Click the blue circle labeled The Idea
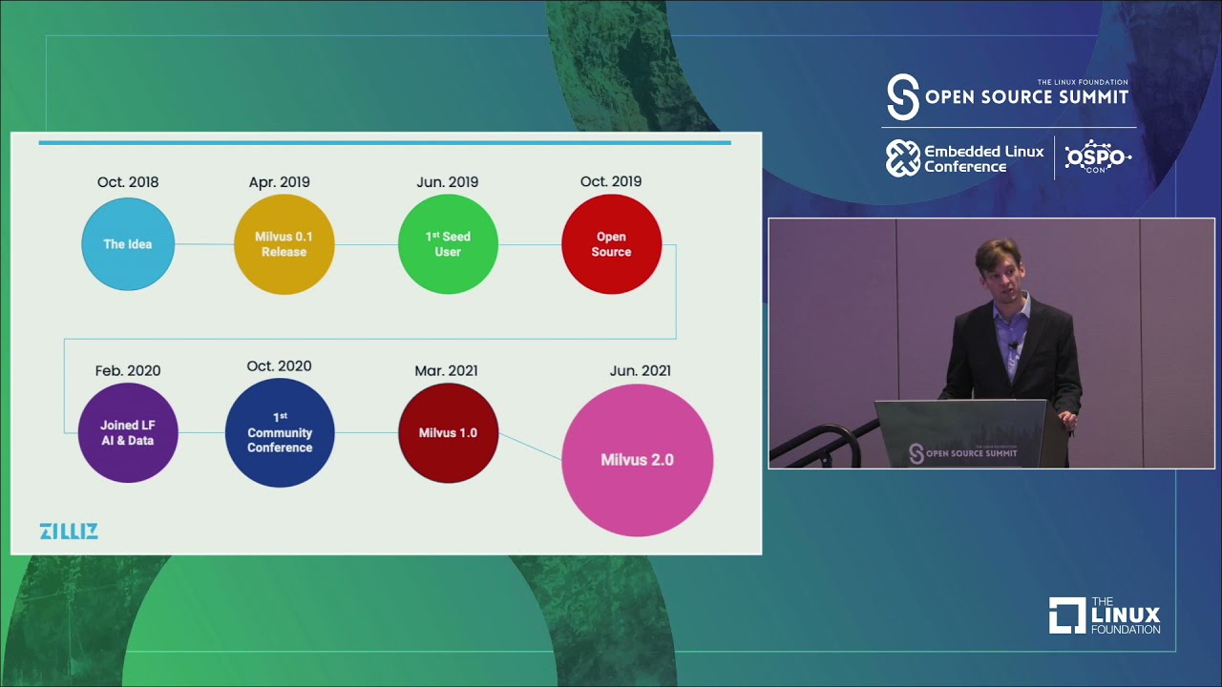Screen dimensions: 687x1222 click(128, 244)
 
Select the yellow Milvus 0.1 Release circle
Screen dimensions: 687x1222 click(284, 244)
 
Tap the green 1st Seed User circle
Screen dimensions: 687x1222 click(448, 244)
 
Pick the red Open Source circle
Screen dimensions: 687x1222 click(611, 244)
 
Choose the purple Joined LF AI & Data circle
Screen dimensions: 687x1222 click(128, 432)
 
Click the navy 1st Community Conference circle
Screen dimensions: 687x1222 click(280, 432)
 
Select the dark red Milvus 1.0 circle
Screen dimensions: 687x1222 click(448, 432)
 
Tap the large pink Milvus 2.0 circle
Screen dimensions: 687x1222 click(637, 460)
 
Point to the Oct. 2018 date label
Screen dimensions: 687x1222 click(128, 182)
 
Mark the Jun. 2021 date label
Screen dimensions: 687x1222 click(640, 370)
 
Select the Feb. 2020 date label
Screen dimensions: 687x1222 click(128, 370)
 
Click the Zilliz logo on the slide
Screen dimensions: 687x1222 click(69, 531)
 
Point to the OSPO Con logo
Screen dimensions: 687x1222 click(1097, 157)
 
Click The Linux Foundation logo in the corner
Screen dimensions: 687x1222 click(1105, 615)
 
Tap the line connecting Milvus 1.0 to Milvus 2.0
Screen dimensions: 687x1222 click(530, 447)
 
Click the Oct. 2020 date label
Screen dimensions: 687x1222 click(280, 366)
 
